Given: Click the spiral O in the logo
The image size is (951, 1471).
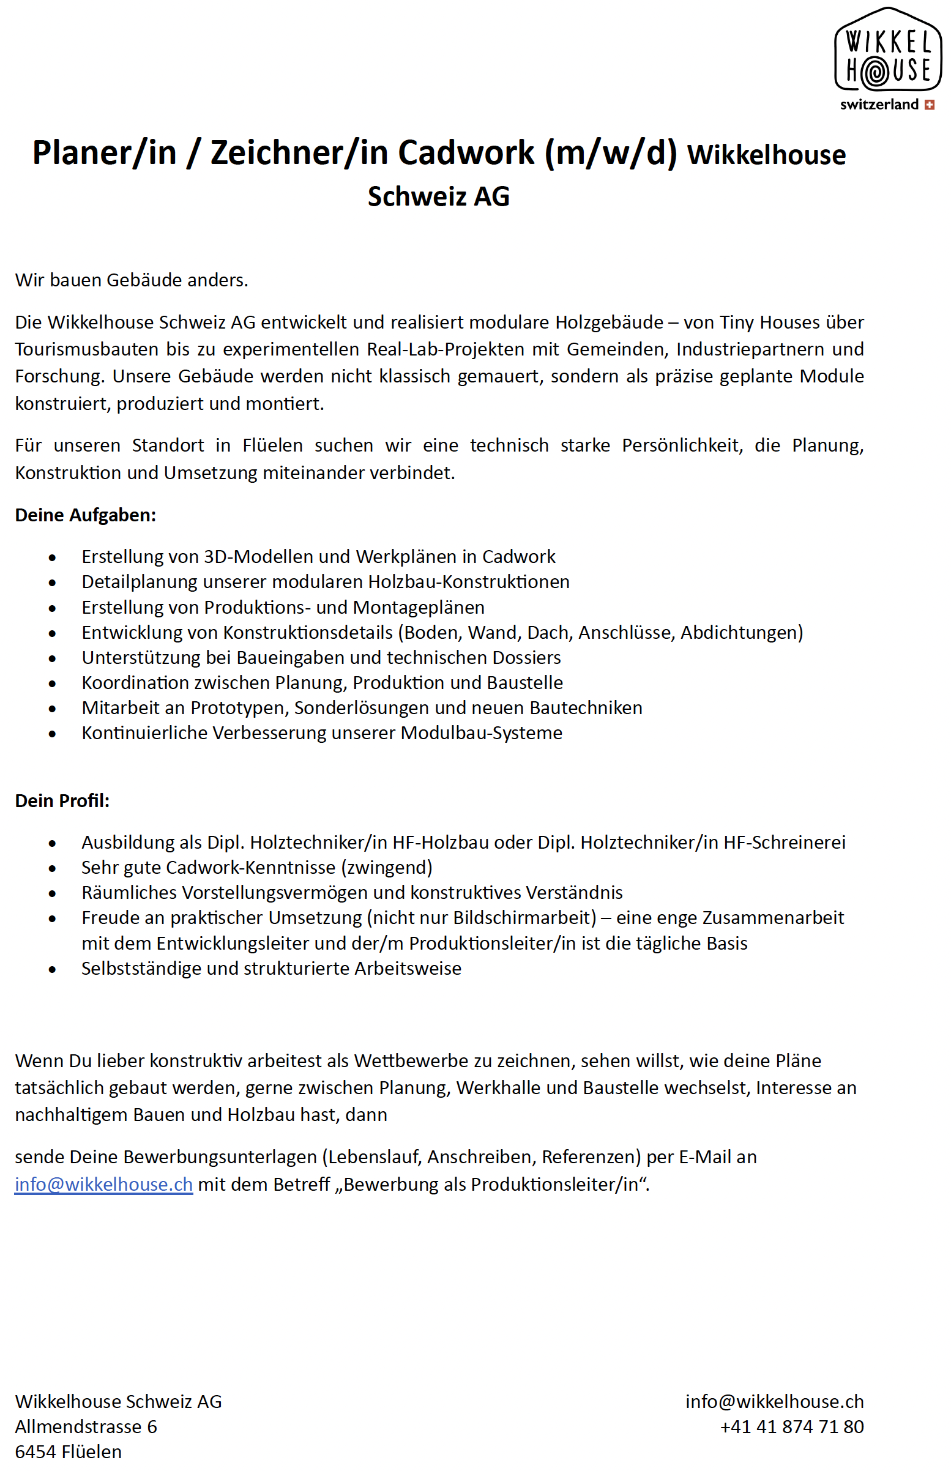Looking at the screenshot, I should [x=875, y=72].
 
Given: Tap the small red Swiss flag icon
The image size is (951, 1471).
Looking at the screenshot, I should [x=929, y=105].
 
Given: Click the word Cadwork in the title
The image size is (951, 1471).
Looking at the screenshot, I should [x=466, y=152].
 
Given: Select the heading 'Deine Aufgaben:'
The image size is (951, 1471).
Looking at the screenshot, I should [x=85, y=515].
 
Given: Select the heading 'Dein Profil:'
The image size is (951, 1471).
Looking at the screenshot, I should [x=62, y=800].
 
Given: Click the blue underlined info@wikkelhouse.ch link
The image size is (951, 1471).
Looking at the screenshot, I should [x=104, y=1185].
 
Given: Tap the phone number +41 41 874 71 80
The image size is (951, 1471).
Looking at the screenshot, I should [x=792, y=1426].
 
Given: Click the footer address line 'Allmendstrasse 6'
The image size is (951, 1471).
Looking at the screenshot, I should [x=86, y=1426].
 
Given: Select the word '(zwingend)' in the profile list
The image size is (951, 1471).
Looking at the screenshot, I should [x=387, y=867].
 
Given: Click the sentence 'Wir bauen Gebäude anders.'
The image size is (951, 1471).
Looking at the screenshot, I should [x=132, y=280].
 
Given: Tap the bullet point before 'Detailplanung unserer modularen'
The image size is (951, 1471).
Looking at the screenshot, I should [x=53, y=583].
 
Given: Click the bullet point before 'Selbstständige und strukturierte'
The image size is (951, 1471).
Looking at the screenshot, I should [x=53, y=969].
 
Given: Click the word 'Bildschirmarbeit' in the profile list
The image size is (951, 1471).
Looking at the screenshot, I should [x=524, y=918].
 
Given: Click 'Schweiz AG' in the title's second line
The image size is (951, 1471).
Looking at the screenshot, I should [x=438, y=197].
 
